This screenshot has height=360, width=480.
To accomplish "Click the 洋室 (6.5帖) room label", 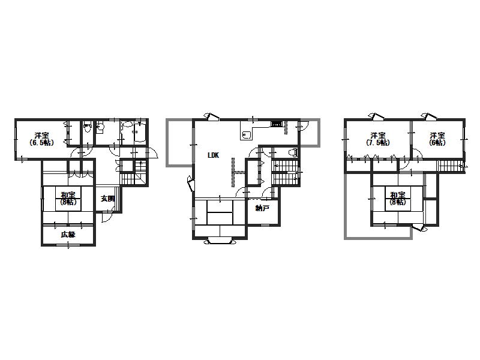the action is coord(41,139).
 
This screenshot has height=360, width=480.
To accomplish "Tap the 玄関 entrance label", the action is coord(108,199).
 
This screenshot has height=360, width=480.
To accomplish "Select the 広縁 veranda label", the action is coord(68,235).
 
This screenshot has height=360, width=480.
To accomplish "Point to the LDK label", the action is coord(213,155).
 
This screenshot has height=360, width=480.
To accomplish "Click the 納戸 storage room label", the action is coord(262,208).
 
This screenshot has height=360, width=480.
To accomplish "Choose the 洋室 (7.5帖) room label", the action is coord(378,139).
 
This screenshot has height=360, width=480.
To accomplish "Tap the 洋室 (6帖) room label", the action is coord(437,139).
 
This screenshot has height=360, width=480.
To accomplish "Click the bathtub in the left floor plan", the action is coord(140,133).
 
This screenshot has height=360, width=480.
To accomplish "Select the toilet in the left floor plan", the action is coord(88,127).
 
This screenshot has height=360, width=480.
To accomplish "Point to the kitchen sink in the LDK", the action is coord(246,134).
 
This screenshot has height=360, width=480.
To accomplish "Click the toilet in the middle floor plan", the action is coord(293,152).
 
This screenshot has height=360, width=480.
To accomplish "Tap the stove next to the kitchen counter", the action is coord(276,124).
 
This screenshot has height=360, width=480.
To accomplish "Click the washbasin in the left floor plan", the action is coord(100,128).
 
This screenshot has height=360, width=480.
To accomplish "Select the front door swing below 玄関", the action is coord(106,217).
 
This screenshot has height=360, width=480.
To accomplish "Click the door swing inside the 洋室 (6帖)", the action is coord(416,154).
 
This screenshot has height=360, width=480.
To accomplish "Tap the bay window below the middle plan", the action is coord(220,241).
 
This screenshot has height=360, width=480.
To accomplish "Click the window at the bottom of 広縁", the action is coord(68,245).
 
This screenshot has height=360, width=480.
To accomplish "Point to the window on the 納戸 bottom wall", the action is coord(265,226).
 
